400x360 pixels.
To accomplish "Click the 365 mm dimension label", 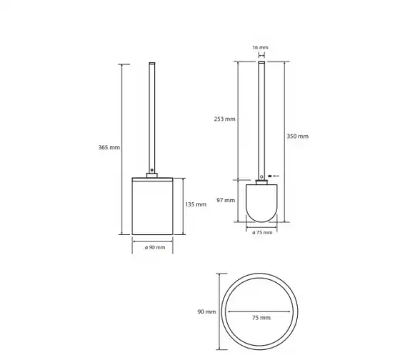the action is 109,147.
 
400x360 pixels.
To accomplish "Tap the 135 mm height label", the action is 196,204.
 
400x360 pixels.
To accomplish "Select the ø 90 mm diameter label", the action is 155,247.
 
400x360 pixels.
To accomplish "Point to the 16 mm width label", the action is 261,47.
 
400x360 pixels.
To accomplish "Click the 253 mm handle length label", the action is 225,119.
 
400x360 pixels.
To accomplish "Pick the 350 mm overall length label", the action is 297,136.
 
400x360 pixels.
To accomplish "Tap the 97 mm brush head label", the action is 226,200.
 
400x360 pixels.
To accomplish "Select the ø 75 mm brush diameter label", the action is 262,233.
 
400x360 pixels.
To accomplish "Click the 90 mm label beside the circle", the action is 206,311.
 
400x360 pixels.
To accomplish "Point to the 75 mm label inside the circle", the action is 261,318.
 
